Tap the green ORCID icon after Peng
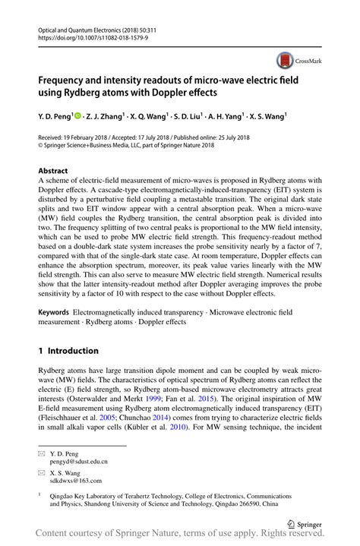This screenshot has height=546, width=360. tap(78, 116)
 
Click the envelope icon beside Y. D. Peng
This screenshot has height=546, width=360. tap(43, 453)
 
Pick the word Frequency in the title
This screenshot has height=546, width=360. tap(66, 78)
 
